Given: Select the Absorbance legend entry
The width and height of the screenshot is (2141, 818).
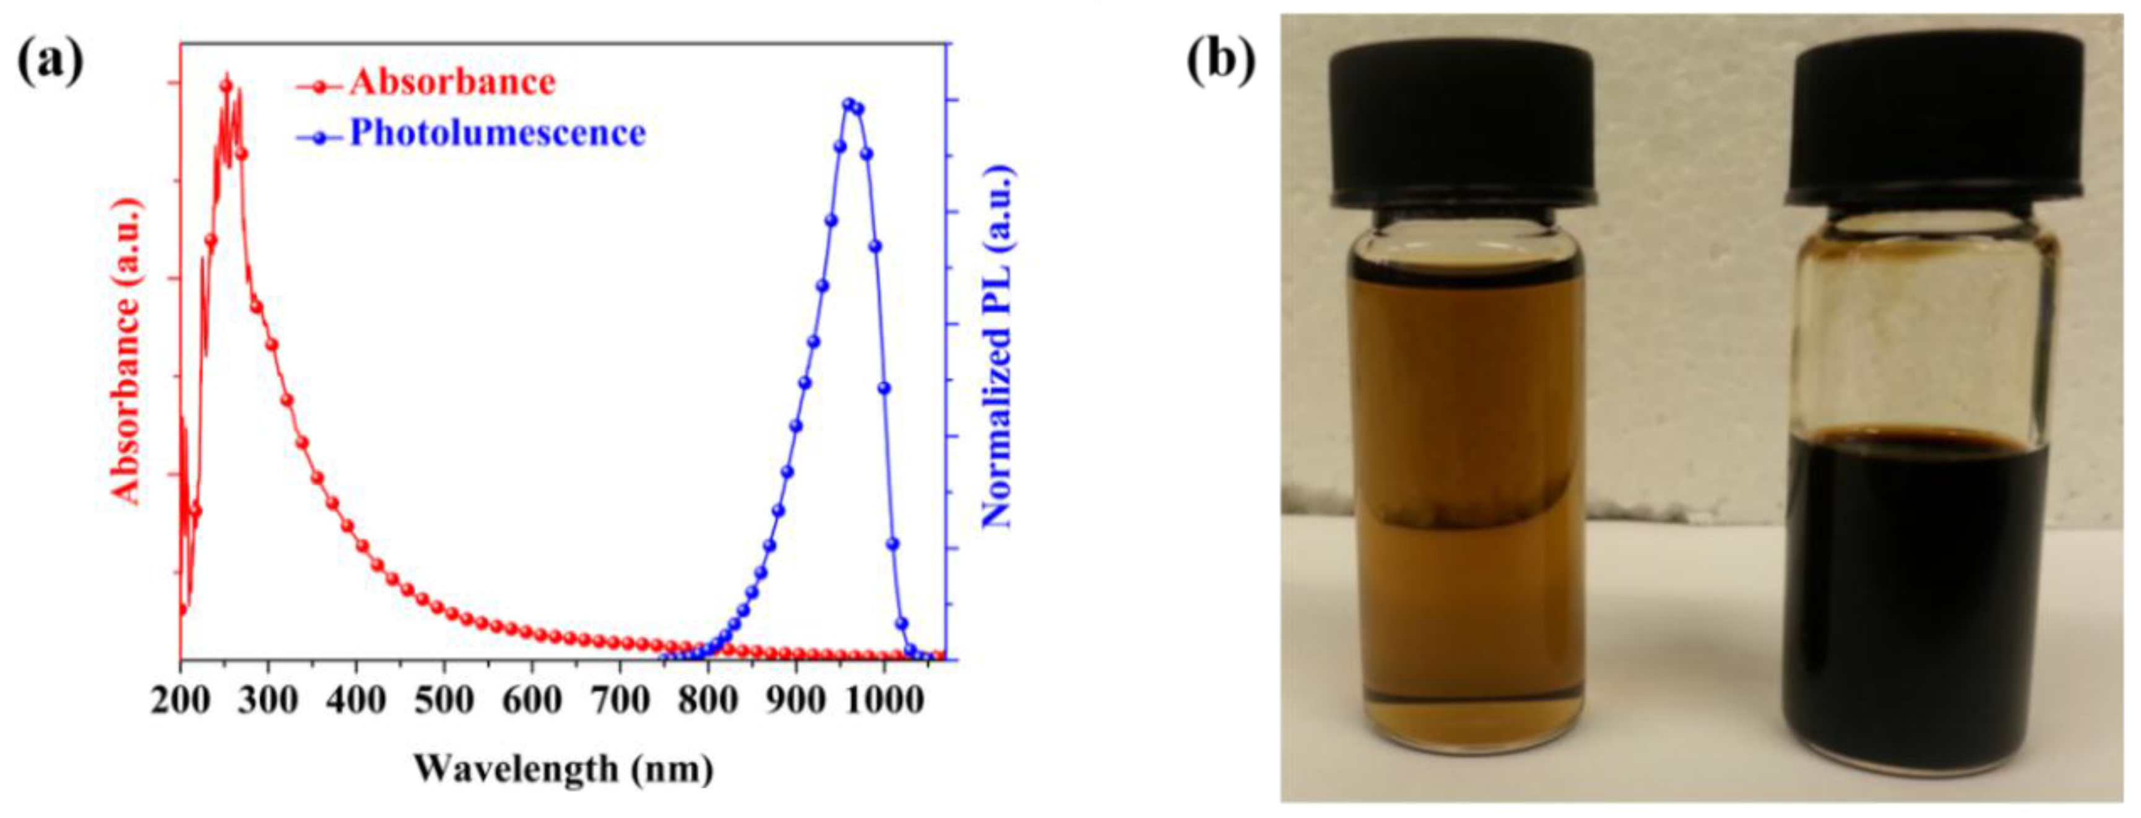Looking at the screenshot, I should (x=451, y=82).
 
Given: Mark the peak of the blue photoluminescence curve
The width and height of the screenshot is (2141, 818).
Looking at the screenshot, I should (x=849, y=104).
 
